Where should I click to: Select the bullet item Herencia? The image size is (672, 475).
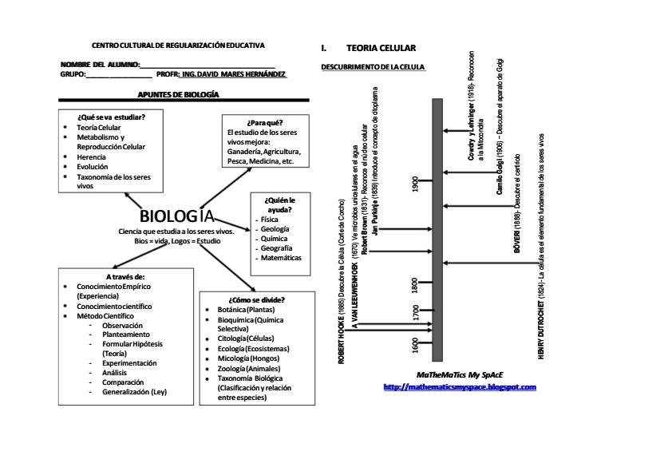click(92, 157)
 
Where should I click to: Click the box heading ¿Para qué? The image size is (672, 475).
click(265, 123)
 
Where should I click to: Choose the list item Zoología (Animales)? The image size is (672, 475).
click(247, 369)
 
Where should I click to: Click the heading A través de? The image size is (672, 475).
click(125, 276)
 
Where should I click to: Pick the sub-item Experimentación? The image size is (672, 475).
click(129, 362)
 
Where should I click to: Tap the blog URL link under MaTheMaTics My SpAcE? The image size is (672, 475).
click(460, 387)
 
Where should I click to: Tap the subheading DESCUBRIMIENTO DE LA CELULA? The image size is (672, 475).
click(373, 67)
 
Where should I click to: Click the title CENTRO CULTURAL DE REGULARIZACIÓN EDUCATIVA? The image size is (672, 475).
click(178, 46)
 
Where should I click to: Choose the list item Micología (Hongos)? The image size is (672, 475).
click(247, 358)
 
